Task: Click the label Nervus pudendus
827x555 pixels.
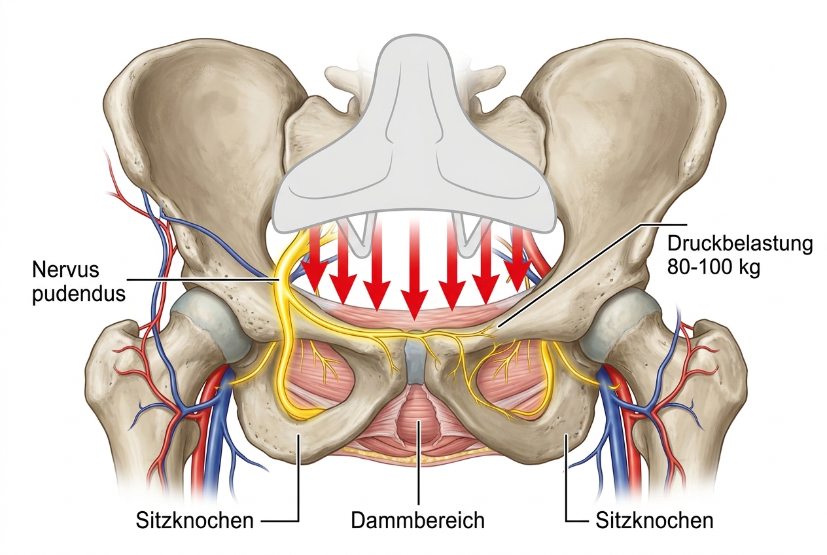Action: click(x=79, y=281)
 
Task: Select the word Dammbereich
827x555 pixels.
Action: click(x=417, y=520)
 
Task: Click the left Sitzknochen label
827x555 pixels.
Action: click(x=194, y=521)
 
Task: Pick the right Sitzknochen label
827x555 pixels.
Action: click(x=654, y=521)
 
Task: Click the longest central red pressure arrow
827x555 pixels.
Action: click(x=415, y=274)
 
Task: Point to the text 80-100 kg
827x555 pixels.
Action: click(x=713, y=267)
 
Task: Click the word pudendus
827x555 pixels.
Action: click(x=79, y=294)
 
